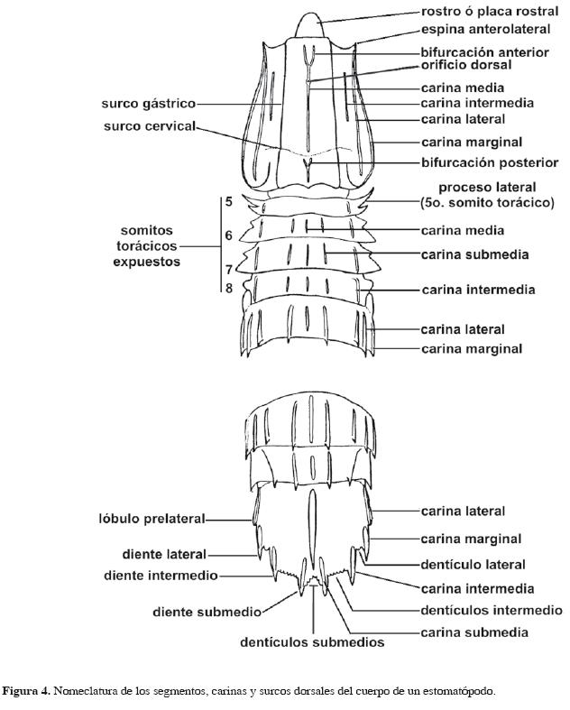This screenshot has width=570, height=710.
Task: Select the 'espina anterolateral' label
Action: (x=480, y=30)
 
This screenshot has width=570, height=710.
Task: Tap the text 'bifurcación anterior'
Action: (x=484, y=52)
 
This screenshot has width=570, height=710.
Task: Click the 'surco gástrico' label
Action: (x=148, y=104)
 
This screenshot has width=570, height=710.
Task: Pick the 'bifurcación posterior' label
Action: (x=486, y=163)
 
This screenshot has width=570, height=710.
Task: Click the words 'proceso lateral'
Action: (x=487, y=188)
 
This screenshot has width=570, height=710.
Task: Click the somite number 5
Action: (x=229, y=202)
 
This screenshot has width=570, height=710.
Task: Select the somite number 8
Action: (x=229, y=288)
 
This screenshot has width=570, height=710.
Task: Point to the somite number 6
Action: (x=229, y=235)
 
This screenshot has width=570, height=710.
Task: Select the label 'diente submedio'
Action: (x=207, y=612)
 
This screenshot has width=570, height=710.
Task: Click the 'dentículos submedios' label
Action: (x=312, y=643)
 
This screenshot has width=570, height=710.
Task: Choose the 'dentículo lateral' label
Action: (x=473, y=565)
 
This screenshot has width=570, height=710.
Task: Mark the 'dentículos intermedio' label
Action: (x=491, y=611)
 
